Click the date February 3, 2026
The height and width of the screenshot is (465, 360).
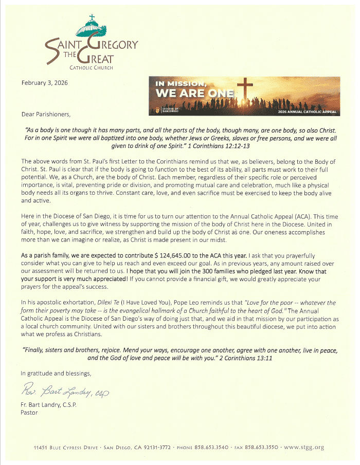click(44, 82)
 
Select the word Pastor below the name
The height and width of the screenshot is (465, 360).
click(29, 412)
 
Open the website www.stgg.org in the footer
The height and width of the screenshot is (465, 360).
click(304, 448)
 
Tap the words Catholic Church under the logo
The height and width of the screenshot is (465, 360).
click(92, 67)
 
